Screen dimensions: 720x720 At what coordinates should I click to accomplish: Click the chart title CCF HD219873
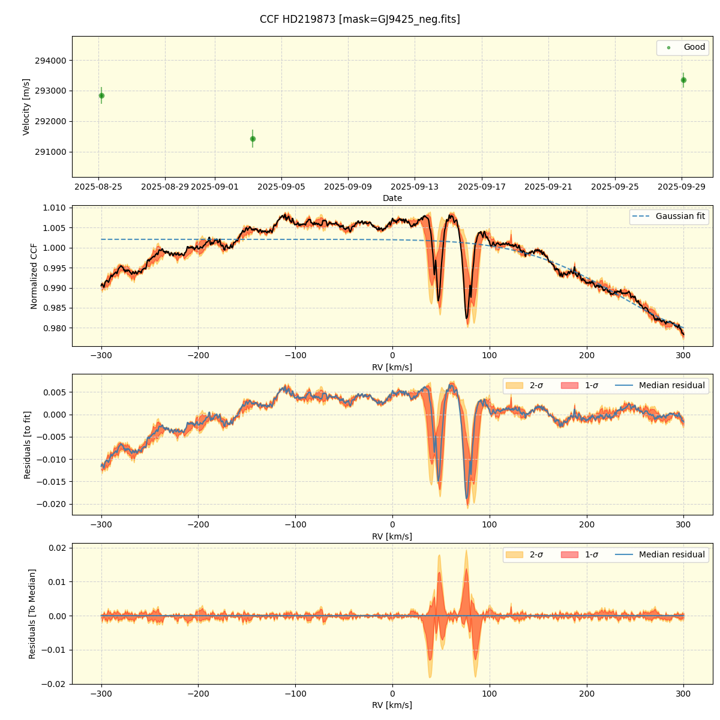click(x=359, y=19)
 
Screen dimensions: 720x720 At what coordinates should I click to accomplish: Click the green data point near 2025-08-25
click(x=101, y=95)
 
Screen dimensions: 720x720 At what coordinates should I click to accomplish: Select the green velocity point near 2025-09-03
click(x=253, y=139)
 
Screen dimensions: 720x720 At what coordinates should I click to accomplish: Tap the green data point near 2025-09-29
click(x=683, y=80)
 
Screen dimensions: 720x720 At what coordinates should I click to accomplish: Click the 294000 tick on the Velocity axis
click(x=52, y=61)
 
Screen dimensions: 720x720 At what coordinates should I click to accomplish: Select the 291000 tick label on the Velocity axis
click(x=52, y=152)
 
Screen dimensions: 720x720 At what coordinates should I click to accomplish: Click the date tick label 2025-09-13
click(x=415, y=187)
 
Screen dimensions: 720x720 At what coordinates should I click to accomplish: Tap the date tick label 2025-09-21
click(x=548, y=187)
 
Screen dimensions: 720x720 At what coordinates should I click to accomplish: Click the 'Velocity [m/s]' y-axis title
click(x=26, y=107)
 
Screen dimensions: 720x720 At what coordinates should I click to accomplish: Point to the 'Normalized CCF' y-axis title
click(x=34, y=276)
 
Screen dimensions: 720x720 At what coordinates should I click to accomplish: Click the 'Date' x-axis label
click(x=392, y=198)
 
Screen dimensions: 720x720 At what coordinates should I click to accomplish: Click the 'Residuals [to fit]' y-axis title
click(x=27, y=445)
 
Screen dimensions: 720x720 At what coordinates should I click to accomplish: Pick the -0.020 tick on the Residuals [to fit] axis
click(x=51, y=504)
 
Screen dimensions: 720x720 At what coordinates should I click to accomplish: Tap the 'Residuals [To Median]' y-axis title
click(x=32, y=614)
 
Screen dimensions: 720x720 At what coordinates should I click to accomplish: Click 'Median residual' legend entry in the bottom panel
click(x=671, y=554)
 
